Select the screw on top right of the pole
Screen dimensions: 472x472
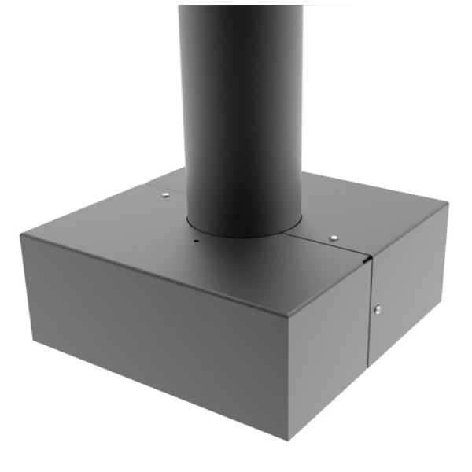click(x=334, y=236)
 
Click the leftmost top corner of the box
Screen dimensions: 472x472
click(x=23, y=233)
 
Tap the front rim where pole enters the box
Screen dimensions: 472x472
click(x=236, y=234)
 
